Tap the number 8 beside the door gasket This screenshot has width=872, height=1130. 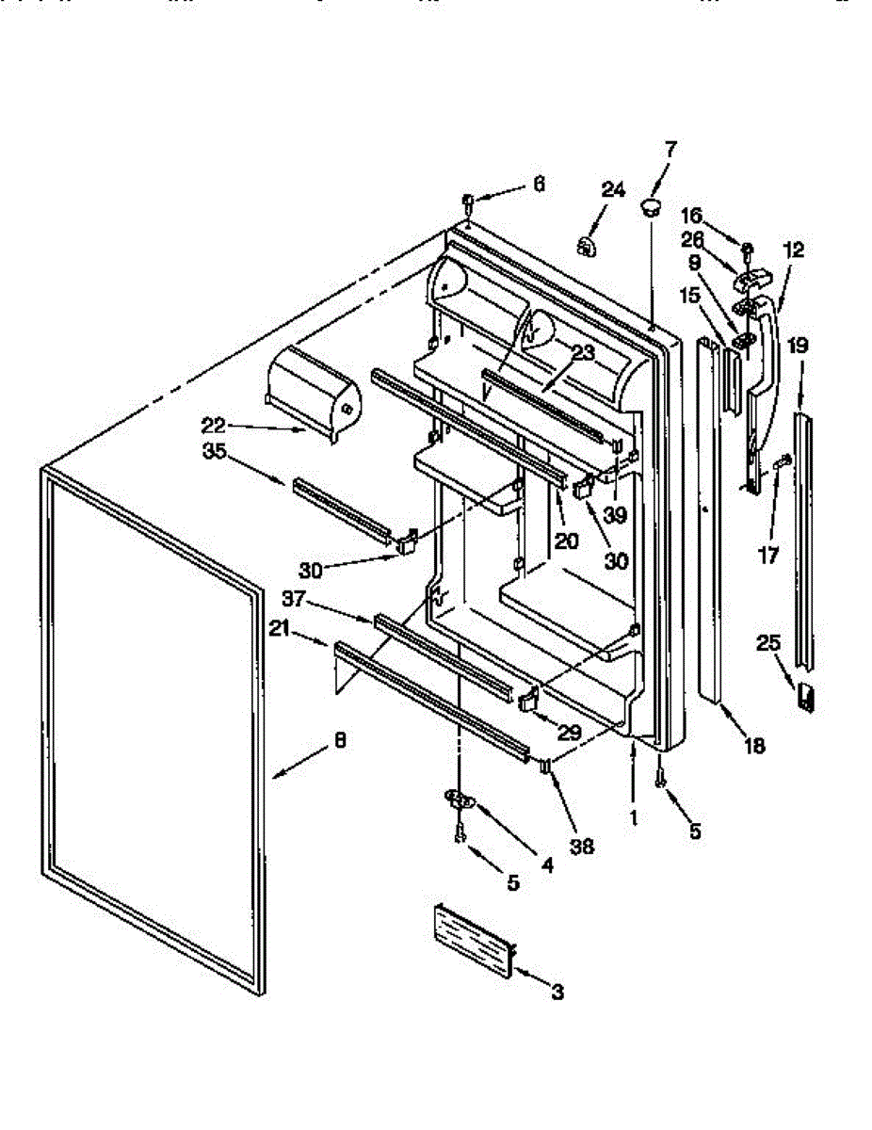pos(340,740)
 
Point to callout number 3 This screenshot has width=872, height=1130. pos(557,992)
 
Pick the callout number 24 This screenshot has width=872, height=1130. pos(613,190)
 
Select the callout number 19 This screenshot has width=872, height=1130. pos(797,346)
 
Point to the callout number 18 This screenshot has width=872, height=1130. pos(753,747)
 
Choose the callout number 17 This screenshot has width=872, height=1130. pos(767,557)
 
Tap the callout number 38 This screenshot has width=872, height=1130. pos(581,846)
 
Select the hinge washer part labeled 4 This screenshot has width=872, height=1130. pos(460,800)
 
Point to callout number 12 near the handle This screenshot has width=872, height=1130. pos(793,250)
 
